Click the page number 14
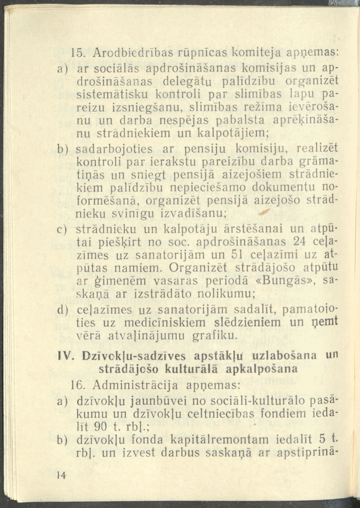coord(62,476)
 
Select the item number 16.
coord(79,384)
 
